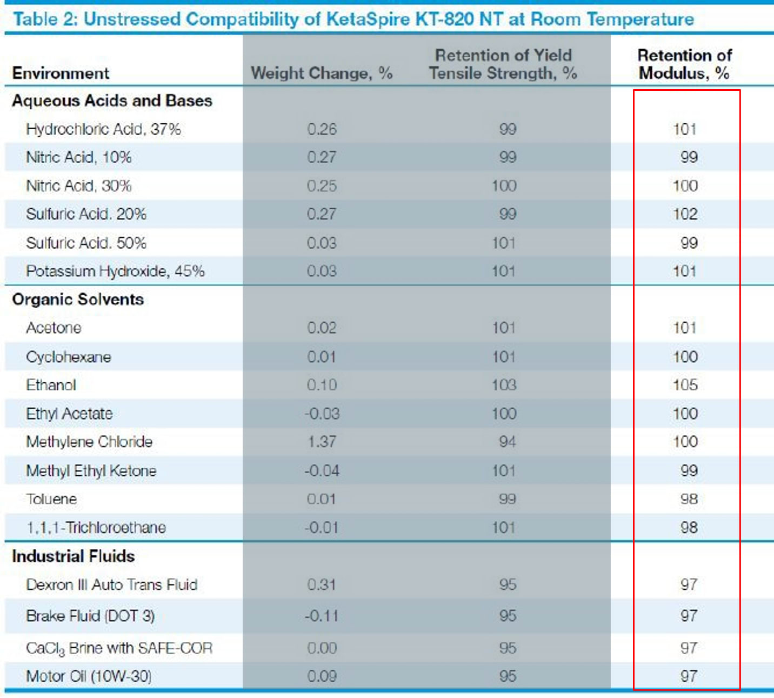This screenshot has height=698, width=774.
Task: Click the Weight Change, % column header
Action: (322, 73)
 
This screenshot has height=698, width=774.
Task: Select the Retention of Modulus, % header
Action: (684, 64)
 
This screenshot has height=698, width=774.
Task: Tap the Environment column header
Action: (61, 73)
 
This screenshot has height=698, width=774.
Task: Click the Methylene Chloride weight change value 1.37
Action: (322, 442)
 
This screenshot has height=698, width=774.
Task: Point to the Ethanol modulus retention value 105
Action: (685, 385)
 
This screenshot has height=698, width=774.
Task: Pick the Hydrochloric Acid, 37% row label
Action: (103, 129)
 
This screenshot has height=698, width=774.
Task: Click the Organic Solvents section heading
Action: (78, 300)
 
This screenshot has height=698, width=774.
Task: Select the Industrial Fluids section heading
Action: (74, 556)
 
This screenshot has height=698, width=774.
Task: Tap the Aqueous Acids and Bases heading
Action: (112, 101)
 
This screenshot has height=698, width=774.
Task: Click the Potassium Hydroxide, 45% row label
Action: (115, 271)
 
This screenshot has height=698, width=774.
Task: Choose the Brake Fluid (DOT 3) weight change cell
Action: (322, 616)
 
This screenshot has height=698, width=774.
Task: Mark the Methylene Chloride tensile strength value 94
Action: (508, 442)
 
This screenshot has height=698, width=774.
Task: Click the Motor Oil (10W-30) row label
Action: (89, 676)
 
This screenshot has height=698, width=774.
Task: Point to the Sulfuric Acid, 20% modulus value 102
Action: (685, 214)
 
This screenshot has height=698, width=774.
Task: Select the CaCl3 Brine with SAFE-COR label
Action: (119, 648)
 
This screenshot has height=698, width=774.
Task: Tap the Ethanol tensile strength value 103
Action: (504, 385)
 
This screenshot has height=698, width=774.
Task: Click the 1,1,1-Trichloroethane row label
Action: (96, 528)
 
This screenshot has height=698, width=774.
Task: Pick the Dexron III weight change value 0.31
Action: (322, 584)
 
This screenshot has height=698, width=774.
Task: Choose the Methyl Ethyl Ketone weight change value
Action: (322, 470)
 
